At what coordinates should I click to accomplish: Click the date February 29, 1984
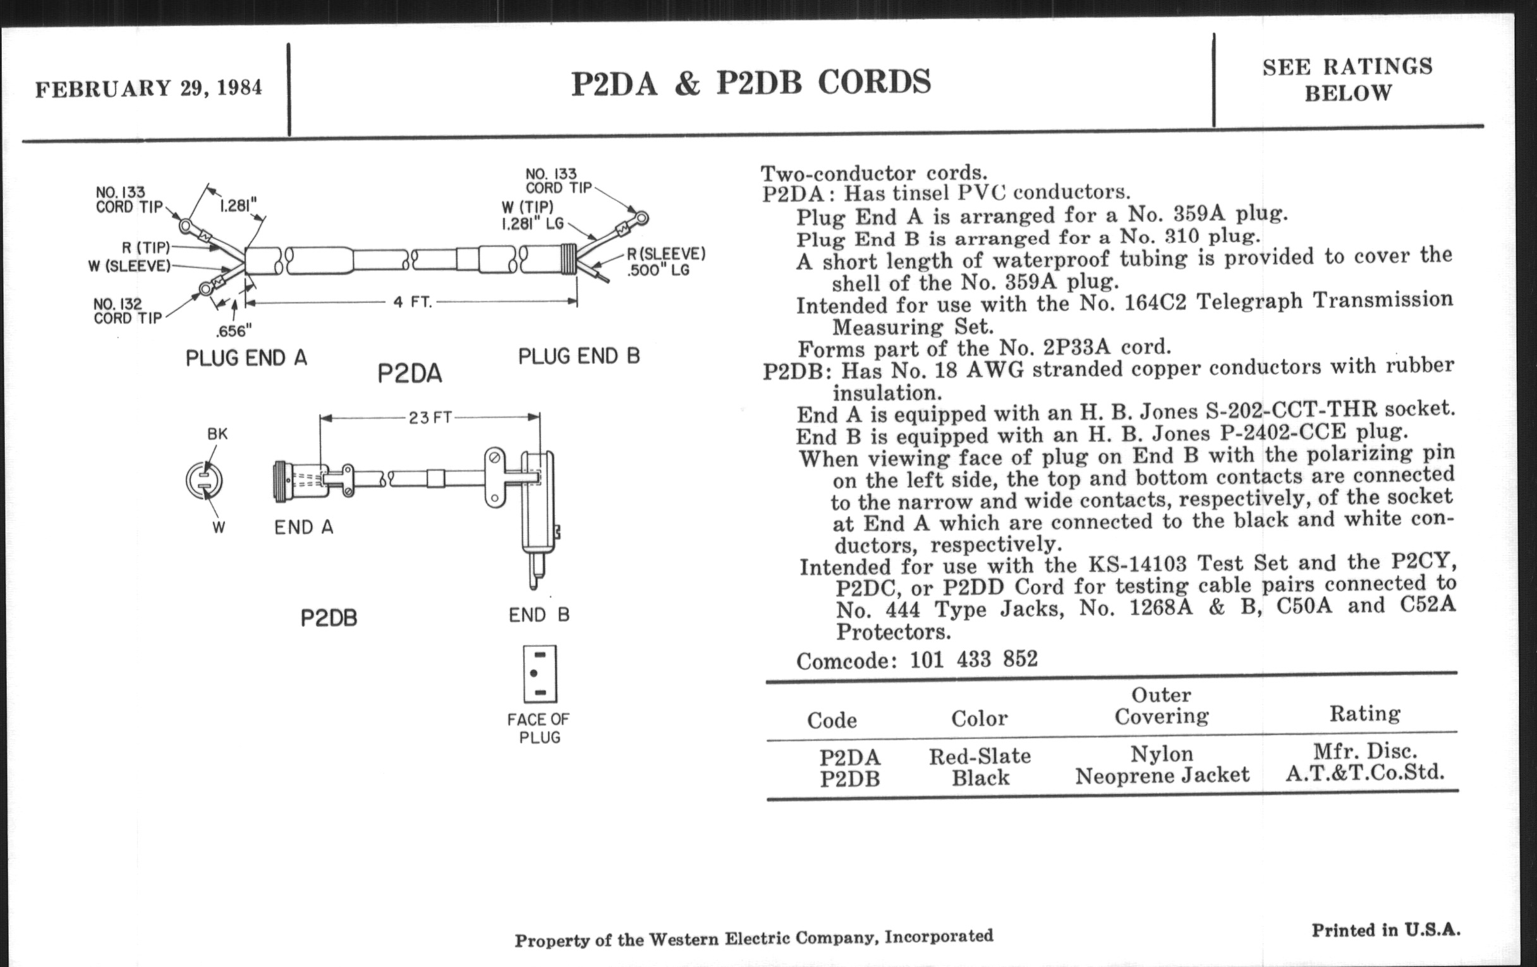(148, 87)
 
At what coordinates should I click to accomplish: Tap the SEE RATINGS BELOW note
(1347, 80)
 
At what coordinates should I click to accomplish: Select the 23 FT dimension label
(430, 418)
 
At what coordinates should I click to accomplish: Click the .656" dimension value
(234, 331)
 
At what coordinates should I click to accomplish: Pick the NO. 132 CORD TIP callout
(128, 311)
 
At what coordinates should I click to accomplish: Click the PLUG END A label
(246, 358)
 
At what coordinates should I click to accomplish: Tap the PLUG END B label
(579, 356)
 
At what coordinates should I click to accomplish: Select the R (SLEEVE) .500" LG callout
(665, 262)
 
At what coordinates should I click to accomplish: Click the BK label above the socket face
(217, 434)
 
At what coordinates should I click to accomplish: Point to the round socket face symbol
(204, 480)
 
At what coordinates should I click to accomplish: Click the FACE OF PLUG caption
(538, 728)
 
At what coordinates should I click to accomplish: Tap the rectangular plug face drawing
(540, 674)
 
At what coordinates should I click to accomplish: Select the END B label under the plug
(538, 615)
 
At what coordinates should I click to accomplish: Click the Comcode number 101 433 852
(973, 659)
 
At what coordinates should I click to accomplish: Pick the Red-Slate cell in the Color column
(980, 757)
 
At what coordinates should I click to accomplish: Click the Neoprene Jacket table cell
(1162, 775)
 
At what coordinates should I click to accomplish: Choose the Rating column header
(1364, 714)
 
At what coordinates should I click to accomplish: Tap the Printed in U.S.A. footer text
(1386, 930)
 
